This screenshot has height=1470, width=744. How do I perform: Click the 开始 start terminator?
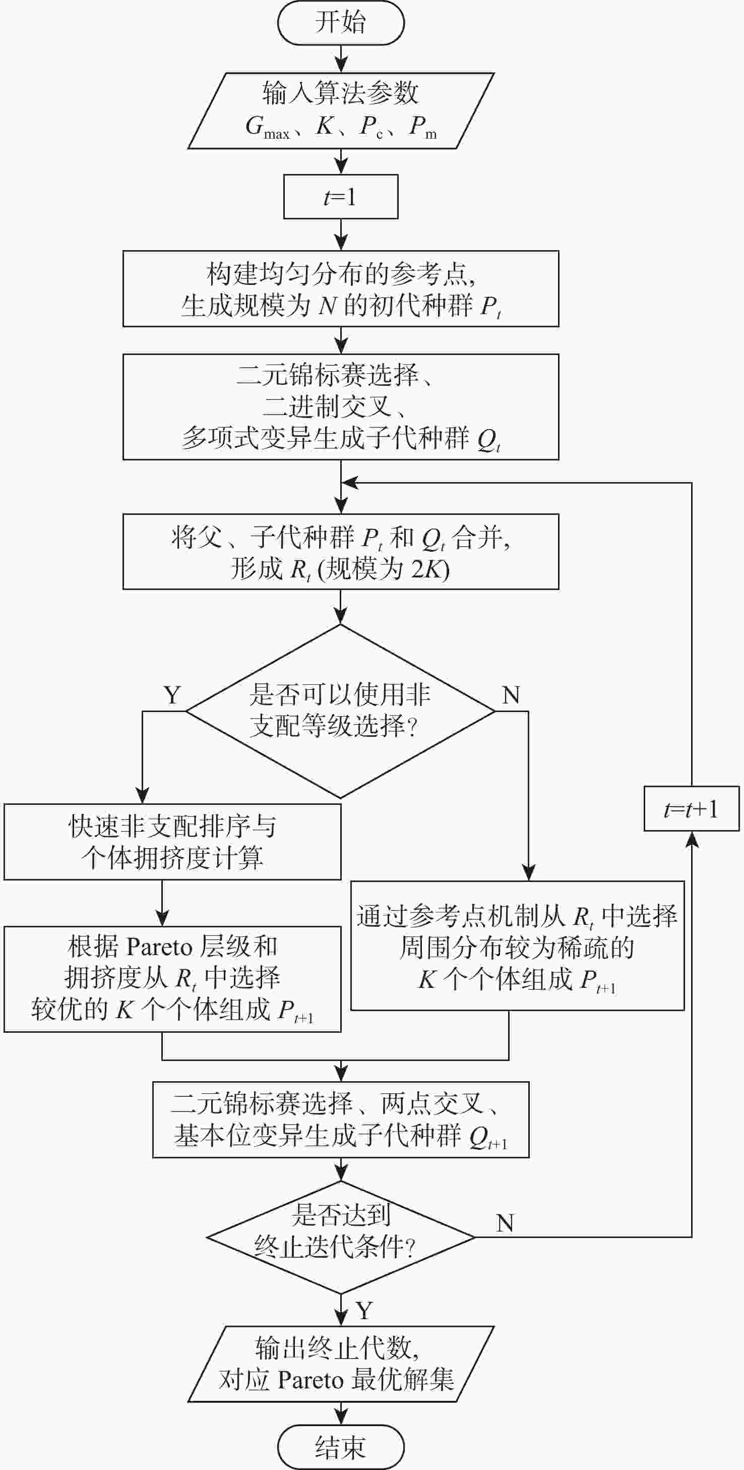coord(341,23)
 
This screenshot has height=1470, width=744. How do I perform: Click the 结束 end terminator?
coord(341,1447)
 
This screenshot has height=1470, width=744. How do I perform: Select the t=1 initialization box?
coord(341,197)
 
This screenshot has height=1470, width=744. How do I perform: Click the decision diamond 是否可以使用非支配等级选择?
coord(341,711)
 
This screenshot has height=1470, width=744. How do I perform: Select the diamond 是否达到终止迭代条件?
coord(341,1237)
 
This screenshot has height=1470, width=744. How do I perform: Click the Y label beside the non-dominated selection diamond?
coord(172,695)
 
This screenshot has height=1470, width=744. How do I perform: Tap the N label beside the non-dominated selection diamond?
coord(511,695)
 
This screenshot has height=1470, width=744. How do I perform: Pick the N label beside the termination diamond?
coord(505,1223)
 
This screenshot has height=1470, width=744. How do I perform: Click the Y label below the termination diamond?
coord(364,1310)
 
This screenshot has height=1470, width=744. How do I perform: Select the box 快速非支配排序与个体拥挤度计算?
coord(172,842)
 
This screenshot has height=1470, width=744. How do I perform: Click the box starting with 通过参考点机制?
coord(517,946)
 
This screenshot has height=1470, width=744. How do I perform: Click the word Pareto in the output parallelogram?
coord(311,1380)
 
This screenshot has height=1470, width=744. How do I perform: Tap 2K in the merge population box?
coord(423,569)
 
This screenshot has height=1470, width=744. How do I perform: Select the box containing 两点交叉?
coord(341,1120)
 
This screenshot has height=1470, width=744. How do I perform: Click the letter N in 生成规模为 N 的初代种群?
coord(328,307)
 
